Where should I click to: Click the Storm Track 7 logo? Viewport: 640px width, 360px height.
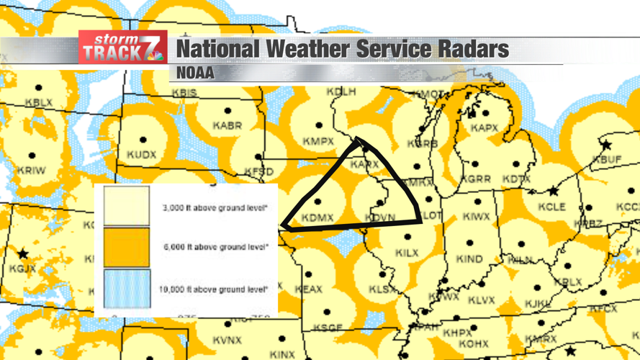(122, 48)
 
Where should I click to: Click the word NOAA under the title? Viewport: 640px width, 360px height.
(195, 73)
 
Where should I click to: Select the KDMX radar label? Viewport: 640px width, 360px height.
(317, 217)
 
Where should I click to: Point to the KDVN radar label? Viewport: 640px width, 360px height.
(379, 217)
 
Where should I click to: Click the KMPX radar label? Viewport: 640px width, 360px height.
(318, 141)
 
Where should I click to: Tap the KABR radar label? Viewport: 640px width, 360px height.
(227, 125)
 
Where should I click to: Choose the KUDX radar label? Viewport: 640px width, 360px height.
(141, 155)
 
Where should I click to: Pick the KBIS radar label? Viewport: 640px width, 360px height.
(184, 93)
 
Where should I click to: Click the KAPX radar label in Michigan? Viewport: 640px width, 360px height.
(484, 127)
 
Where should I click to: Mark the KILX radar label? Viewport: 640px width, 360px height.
(407, 253)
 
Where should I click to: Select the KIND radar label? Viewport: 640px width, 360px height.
(469, 258)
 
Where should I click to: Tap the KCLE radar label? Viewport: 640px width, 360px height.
(552, 207)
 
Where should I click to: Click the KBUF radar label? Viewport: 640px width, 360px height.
(606, 158)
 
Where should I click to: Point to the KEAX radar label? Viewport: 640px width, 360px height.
(309, 289)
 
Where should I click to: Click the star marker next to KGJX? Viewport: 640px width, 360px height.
(23, 253)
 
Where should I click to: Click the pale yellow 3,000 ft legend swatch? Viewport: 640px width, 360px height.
(127, 207)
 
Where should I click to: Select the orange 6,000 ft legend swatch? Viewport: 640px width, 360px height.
(127, 247)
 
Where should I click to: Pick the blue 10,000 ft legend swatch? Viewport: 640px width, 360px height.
(127, 289)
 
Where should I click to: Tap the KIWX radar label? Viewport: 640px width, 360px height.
(476, 216)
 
